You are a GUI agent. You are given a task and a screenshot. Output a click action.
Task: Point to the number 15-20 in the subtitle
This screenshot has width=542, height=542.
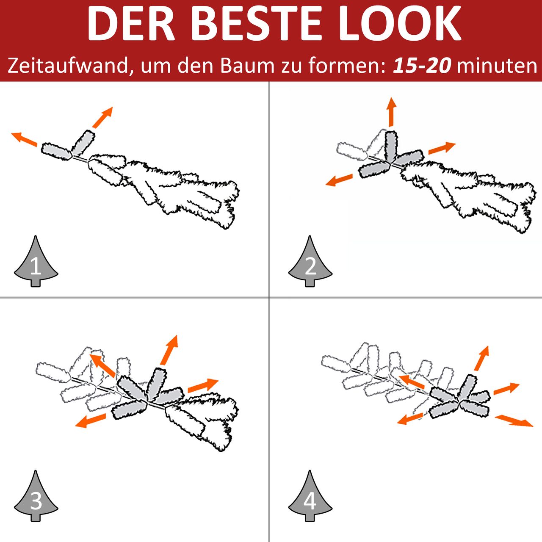point(422,66)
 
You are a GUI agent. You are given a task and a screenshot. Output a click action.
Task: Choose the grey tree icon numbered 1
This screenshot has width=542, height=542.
point(36,261)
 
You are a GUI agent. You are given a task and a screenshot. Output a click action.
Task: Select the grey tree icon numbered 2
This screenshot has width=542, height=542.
point(310,261)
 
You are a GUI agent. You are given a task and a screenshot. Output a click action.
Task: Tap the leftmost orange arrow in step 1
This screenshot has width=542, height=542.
point(24,139)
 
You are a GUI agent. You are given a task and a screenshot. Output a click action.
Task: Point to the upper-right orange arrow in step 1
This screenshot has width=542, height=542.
point(102,117)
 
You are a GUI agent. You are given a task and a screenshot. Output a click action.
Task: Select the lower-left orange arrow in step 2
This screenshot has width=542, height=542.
point(339,180)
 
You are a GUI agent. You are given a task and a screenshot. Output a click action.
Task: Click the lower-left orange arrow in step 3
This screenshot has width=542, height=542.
point(91,420)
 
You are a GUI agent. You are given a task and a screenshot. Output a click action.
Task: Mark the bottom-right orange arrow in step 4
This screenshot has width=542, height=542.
point(514,421)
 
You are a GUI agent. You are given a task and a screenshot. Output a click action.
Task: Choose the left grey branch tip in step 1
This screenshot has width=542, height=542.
point(56,152)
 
